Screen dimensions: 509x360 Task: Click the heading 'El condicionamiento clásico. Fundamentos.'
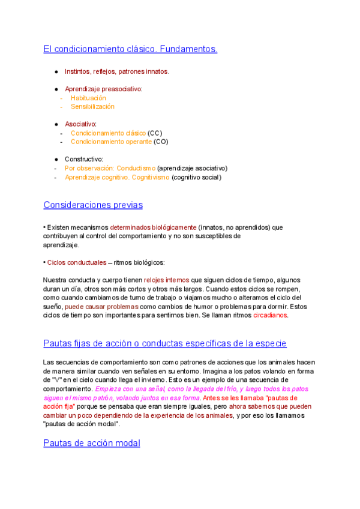(x=130, y=49)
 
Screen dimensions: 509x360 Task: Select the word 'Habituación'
(x=88, y=98)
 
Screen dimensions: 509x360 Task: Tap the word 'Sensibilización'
(x=92, y=106)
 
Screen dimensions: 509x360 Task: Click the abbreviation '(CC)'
(x=155, y=133)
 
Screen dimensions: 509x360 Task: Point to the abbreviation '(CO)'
(x=160, y=142)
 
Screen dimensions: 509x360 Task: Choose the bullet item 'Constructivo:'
(x=84, y=159)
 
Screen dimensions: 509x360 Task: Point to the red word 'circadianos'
(x=270, y=315)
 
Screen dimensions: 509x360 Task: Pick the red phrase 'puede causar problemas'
(x=99, y=306)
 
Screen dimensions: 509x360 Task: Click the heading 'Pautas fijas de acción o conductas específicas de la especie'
(x=164, y=343)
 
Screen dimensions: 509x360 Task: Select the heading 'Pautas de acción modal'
(x=92, y=443)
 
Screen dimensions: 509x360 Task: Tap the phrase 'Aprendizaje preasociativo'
(x=103, y=89)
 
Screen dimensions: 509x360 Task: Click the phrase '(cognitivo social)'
(x=196, y=177)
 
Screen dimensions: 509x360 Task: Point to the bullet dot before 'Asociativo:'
(x=56, y=124)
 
